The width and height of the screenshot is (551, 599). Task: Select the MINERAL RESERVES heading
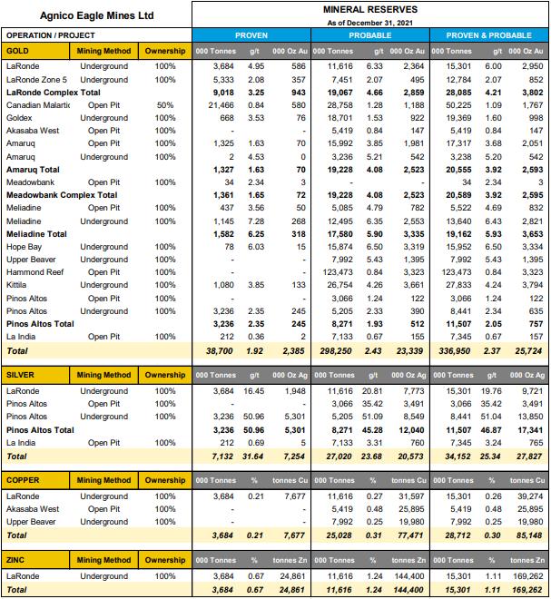[369, 9]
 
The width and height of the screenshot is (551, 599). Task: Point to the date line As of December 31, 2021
[369, 22]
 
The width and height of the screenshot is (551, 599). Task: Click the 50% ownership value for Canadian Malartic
[165, 105]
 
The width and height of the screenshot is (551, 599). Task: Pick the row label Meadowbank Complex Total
[62, 195]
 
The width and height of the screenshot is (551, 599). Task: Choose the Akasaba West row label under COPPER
[35, 510]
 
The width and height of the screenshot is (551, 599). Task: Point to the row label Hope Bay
[26, 247]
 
